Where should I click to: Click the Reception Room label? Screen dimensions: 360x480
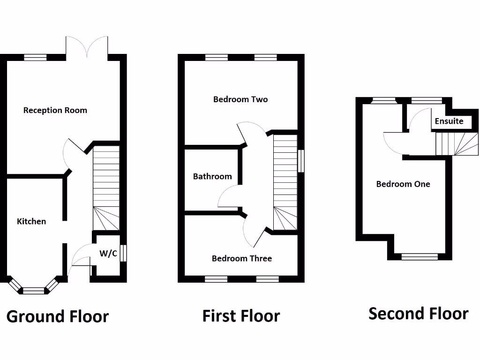55,111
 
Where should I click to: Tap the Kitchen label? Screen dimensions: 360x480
31,221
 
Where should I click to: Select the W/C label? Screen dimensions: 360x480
108,254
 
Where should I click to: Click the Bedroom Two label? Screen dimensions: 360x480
240,99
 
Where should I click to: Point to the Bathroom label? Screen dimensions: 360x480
212,177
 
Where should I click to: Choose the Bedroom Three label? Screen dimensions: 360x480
241,258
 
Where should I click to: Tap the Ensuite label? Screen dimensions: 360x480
449,121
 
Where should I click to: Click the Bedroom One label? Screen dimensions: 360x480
403,184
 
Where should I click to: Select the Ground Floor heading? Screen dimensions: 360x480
58,316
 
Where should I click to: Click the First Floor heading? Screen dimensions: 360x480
241,316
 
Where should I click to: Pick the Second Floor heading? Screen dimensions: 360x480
418,314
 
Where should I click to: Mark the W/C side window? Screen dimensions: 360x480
123,254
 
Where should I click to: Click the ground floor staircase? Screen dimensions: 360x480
106,187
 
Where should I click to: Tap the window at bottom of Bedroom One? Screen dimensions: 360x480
420,256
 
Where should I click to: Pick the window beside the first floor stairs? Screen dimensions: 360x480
301,161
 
